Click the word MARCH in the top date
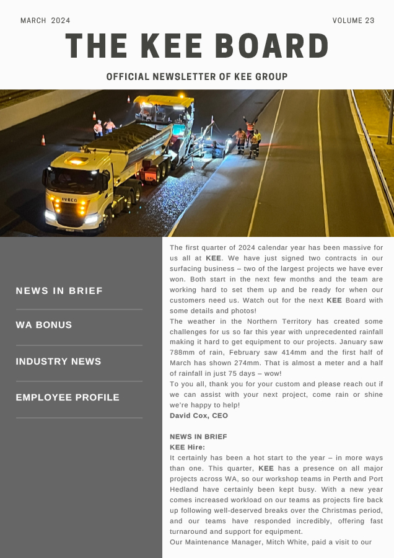click(x=33, y=20)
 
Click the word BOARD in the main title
click(x=273, y=46)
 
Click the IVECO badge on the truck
click(x=69, y=200)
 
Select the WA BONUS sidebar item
click(x=44, y=325)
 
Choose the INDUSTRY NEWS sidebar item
click(x=58, y=361)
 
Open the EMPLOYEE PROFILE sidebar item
click(x=68, y=397)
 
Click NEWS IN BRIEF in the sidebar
click(x=59, y=291)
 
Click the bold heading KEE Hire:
click(x=187, y=447)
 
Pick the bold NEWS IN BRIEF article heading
click(x=198, y=436)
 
